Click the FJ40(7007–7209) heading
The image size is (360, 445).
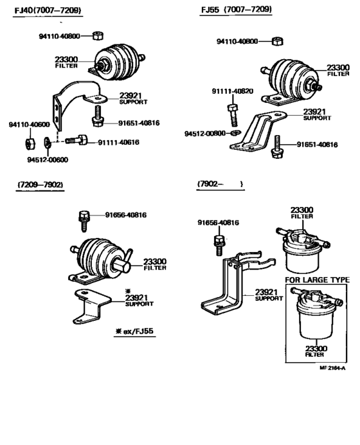[48, 10]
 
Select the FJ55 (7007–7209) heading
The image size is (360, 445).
[237, 10]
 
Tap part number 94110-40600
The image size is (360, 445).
[29, 125]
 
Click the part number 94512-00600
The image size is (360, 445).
[48, 159]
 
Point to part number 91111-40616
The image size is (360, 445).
[118, 142]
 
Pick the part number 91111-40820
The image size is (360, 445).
[233, 91]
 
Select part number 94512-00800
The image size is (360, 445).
[205, 133]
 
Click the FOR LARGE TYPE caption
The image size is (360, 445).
[317, 280]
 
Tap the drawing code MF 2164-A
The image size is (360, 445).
[332, 368]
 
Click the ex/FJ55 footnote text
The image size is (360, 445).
[138, 331]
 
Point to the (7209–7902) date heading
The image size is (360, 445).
[40, 185]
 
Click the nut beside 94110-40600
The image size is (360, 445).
[30, 143]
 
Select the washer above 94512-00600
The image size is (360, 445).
[48, 143]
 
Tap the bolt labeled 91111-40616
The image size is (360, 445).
[76, 140]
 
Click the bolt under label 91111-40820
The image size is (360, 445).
[233, 115]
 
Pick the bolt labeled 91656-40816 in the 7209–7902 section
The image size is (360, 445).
[84, 221]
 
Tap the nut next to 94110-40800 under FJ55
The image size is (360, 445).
[277, 41]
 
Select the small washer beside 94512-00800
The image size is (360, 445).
[235, 132]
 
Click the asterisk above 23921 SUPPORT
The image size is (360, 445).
[128, 291]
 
